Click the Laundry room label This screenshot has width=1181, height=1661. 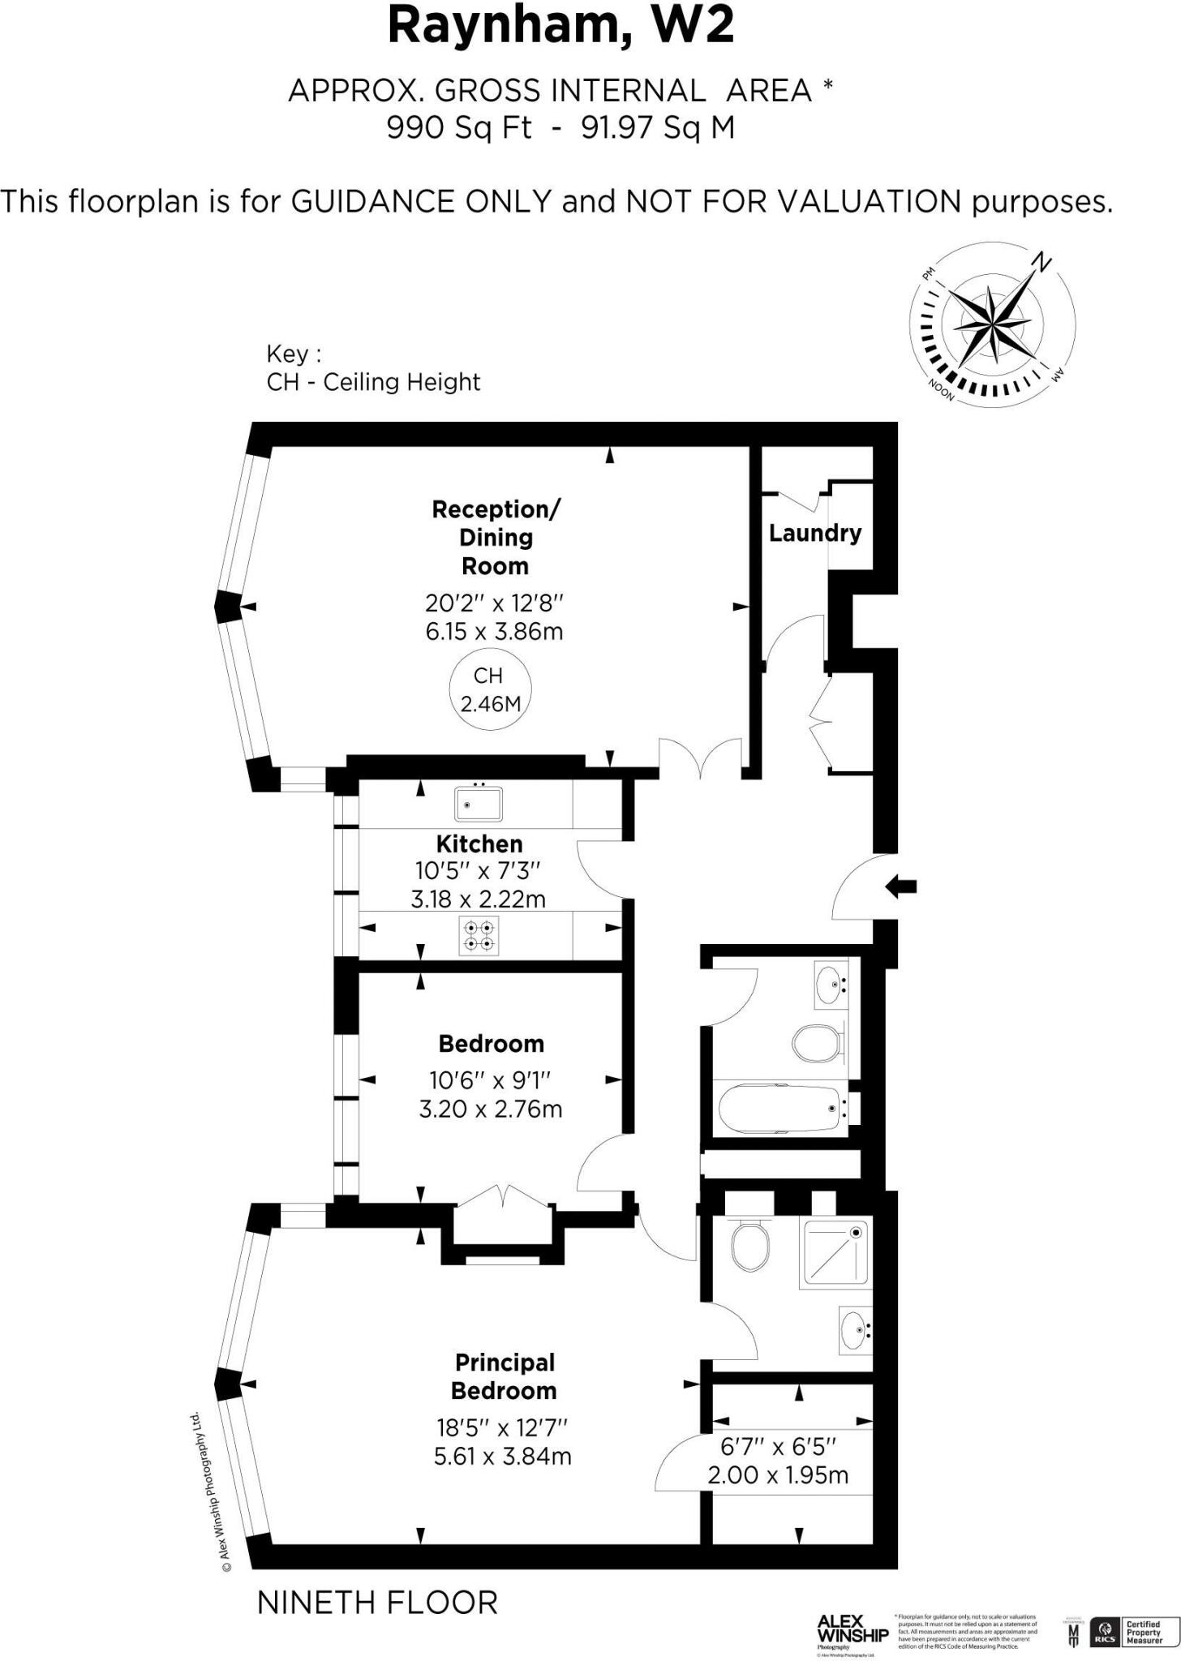point(814,533)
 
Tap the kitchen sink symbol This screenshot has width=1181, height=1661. point(479,804)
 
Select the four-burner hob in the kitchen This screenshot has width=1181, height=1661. point(479,936)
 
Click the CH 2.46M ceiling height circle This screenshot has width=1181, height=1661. point(489,689)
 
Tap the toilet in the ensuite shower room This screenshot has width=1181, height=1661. point(750,1247)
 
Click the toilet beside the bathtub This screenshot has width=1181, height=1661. point(816,1043)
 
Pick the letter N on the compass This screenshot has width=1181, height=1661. point(1041,263)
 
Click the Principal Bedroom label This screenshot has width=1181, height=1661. point(504,1376)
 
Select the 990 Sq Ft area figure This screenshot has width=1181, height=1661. point(459,128)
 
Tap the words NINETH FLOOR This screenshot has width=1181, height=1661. point(377,1603)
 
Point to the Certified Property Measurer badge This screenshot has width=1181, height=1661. point(1144,1631)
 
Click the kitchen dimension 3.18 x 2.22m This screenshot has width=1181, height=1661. point(478,899)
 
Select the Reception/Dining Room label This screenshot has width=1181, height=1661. point(495,537)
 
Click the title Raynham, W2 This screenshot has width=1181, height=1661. point(560,26)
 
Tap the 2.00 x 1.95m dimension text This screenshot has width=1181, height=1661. point(778,1475)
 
